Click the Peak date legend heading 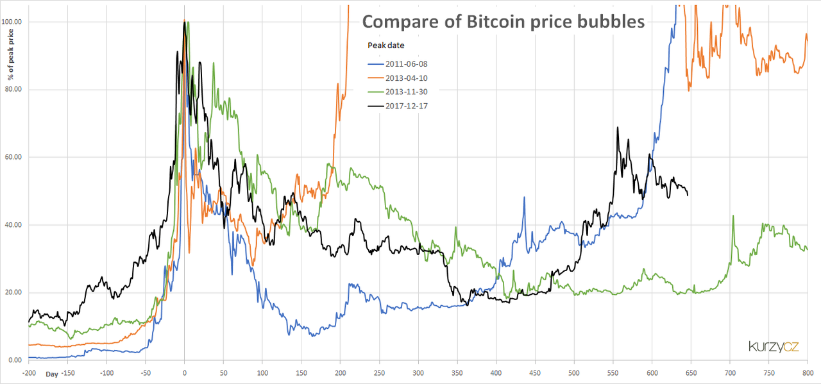[x=385, y=46]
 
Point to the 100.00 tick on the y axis [x=12, y=22]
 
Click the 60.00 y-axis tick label [x=13, y=157]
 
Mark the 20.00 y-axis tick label [x=13, y=292]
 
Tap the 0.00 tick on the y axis [x=15, y=360]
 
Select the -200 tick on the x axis [x=29, y=372]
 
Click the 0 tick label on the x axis [x=185, y=372]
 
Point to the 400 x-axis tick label [x=496, y=372]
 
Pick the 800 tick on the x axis [x=807, y=372]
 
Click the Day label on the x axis [x=51, y=373]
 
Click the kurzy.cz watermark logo [x=774, y=347]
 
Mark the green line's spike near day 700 [x=732, y=217]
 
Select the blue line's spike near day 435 [x=524, y=198]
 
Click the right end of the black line [x=688, y=194]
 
